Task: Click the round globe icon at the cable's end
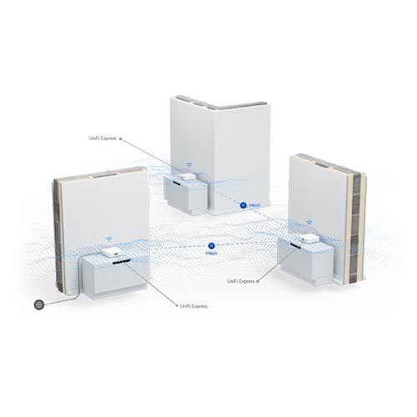click(39, 304)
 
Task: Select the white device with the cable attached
click(112, 252)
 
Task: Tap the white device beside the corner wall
click(186, 177)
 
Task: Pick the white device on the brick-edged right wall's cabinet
click(309, 238)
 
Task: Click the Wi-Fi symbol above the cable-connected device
click(109, 239)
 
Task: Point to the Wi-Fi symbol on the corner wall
click(188, 165)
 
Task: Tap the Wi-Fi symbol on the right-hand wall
click(309, 222)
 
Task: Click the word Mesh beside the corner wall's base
click(254, 205)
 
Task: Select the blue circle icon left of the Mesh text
click(244, 205)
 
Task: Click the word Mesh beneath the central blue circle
click(211, 254)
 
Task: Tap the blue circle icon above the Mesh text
click(212, 246)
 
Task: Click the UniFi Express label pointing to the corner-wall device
click(103, 138)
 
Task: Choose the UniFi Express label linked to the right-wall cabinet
click(241, 281)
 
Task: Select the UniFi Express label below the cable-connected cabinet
click(193, 306)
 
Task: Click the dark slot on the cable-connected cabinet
click(122, 262)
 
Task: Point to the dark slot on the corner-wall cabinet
click(176, 183)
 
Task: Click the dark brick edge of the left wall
click(57, 234)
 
